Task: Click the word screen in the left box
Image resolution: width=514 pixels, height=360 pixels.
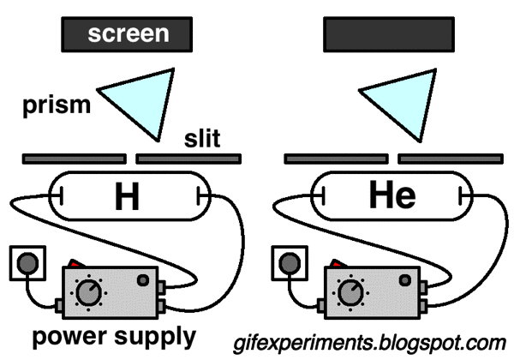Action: pos(127,34)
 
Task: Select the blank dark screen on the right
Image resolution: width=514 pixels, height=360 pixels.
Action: pos(388,34)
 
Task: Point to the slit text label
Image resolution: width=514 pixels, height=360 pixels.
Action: pos(203,139)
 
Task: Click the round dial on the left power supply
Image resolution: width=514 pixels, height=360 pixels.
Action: pos(87,294)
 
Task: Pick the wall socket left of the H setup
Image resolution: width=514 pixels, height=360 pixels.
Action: pos(23,263)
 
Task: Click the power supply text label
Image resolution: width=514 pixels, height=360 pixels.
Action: pos(109,334)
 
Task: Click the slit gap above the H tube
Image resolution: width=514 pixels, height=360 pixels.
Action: pos(130,159)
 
